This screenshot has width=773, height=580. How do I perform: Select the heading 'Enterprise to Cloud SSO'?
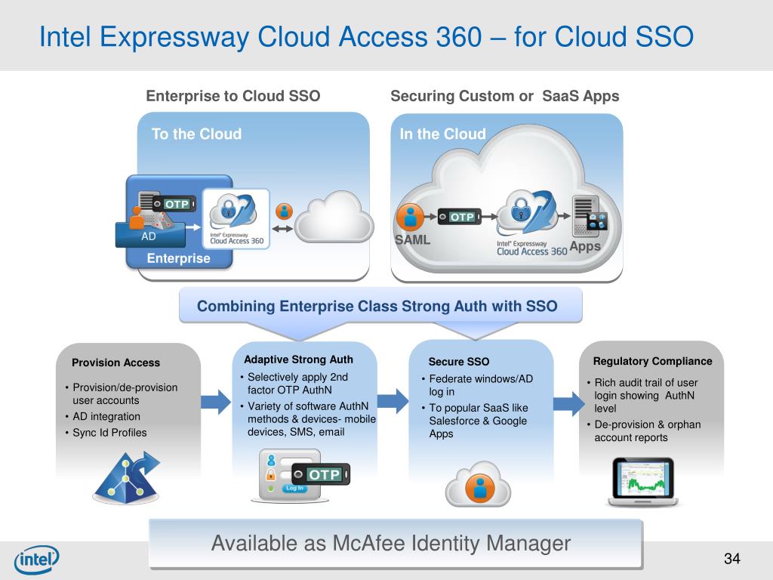[233, 96]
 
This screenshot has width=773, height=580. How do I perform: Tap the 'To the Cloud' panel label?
[196, 134]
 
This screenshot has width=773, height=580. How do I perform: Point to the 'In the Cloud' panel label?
[442, 134]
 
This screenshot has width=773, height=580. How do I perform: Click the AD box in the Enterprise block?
[149, 235]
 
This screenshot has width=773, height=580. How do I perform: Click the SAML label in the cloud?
[413, 240]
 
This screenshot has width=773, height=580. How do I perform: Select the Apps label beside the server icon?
[585, 247]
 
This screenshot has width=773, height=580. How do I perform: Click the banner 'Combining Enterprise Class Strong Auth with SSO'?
[377, 307]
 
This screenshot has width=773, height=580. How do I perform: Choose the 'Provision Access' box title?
[115, 362]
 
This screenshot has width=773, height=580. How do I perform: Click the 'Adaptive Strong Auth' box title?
[298, 359]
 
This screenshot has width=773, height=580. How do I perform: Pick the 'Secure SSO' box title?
[459, 362]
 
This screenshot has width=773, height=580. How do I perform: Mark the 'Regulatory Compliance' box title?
[652, 361]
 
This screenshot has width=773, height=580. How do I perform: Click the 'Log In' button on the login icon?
[294, 488]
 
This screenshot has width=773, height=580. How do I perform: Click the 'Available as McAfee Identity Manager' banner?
[390, 543]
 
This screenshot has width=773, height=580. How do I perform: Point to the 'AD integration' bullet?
[106, 416]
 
